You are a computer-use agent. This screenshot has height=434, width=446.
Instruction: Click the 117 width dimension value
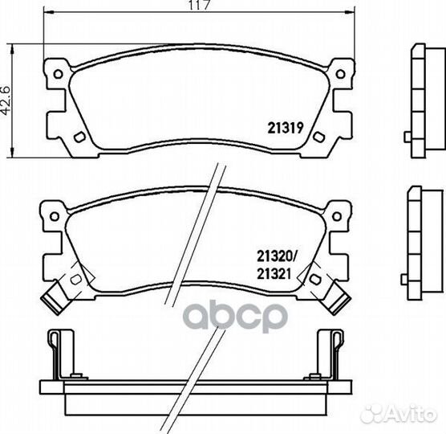200,5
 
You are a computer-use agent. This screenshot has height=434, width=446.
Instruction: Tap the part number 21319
286,129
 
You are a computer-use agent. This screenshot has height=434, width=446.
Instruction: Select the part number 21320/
277,256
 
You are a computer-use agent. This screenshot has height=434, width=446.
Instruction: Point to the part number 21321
274,274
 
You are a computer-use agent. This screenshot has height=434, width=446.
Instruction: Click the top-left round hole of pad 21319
59,74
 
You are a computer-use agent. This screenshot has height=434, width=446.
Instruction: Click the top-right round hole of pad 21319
340,74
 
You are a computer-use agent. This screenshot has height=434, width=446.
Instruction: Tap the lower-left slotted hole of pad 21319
79,137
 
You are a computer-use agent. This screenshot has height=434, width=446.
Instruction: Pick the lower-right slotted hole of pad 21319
318,137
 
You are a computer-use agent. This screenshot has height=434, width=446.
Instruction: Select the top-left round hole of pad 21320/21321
54,216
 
